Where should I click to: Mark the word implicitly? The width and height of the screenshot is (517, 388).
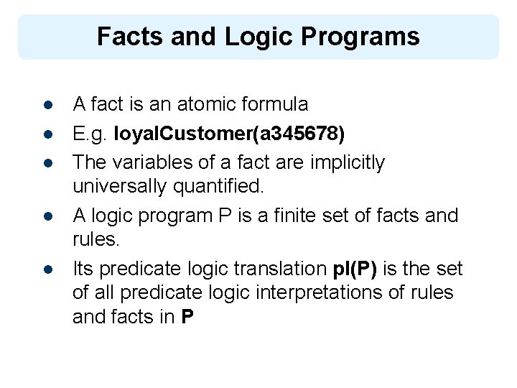pyautogui.click(x=348, y=162)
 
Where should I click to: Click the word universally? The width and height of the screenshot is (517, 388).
pyautogui.click(x=119, y=187)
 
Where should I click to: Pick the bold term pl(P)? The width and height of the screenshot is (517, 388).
pyautogui.click(x=356, y=269)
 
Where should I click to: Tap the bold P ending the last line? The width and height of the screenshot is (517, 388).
pyautogui.click(x=187, y=317)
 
